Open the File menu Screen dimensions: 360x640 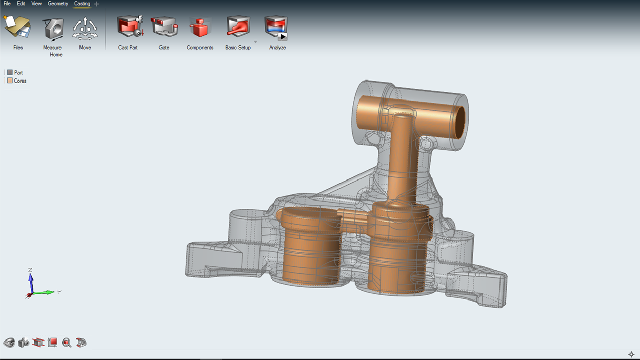(x=7, y=4)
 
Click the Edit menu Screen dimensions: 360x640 (x=21, y=4)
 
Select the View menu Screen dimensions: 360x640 (x=36, y=4)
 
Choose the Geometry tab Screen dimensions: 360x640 (x=58, y=4)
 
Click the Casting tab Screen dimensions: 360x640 (x=82, y=4)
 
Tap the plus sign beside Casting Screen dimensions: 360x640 (x=97, y=4)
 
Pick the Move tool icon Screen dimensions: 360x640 (x=85, y=28)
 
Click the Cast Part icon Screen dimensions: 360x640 (x=129, y=27)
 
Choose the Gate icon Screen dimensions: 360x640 (x=164, y=27)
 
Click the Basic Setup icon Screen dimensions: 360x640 (x=238, y=27)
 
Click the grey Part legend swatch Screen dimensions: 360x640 (x=10, y=73)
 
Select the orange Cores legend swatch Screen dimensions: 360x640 (x=10, y=81)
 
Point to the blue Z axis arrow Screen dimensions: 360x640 (x=31, y=278)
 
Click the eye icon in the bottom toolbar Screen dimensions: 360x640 (x=9, y=343)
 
